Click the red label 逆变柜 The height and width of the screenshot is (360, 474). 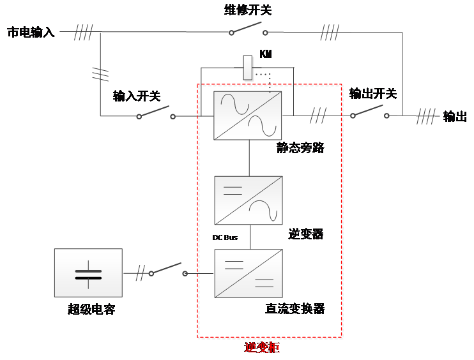[262, 348]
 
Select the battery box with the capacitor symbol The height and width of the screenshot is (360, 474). [88, 273]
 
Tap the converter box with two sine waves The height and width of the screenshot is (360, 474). [247, 116]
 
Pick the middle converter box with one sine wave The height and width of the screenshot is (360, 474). [248, 200]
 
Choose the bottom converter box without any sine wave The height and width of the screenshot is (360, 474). [248, 273]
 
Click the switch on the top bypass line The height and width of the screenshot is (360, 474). [248, 29]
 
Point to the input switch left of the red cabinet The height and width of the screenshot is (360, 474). [155, 113]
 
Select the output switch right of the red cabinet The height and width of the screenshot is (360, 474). [369, 112]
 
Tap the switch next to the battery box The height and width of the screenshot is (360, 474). [168, 270]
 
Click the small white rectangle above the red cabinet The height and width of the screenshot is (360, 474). [248, 68]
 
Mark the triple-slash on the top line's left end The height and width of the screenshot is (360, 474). [83, 32]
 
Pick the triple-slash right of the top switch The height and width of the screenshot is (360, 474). [330, 32]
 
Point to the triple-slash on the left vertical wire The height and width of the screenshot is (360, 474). [100, 74]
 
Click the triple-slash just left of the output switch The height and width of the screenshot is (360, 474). [318, 116]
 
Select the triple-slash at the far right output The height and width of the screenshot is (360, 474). [426, 116]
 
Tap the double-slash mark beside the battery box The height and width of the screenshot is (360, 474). [140, 273]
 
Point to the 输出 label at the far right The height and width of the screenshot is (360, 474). [455, 117]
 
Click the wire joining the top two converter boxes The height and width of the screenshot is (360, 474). [248, 158]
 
